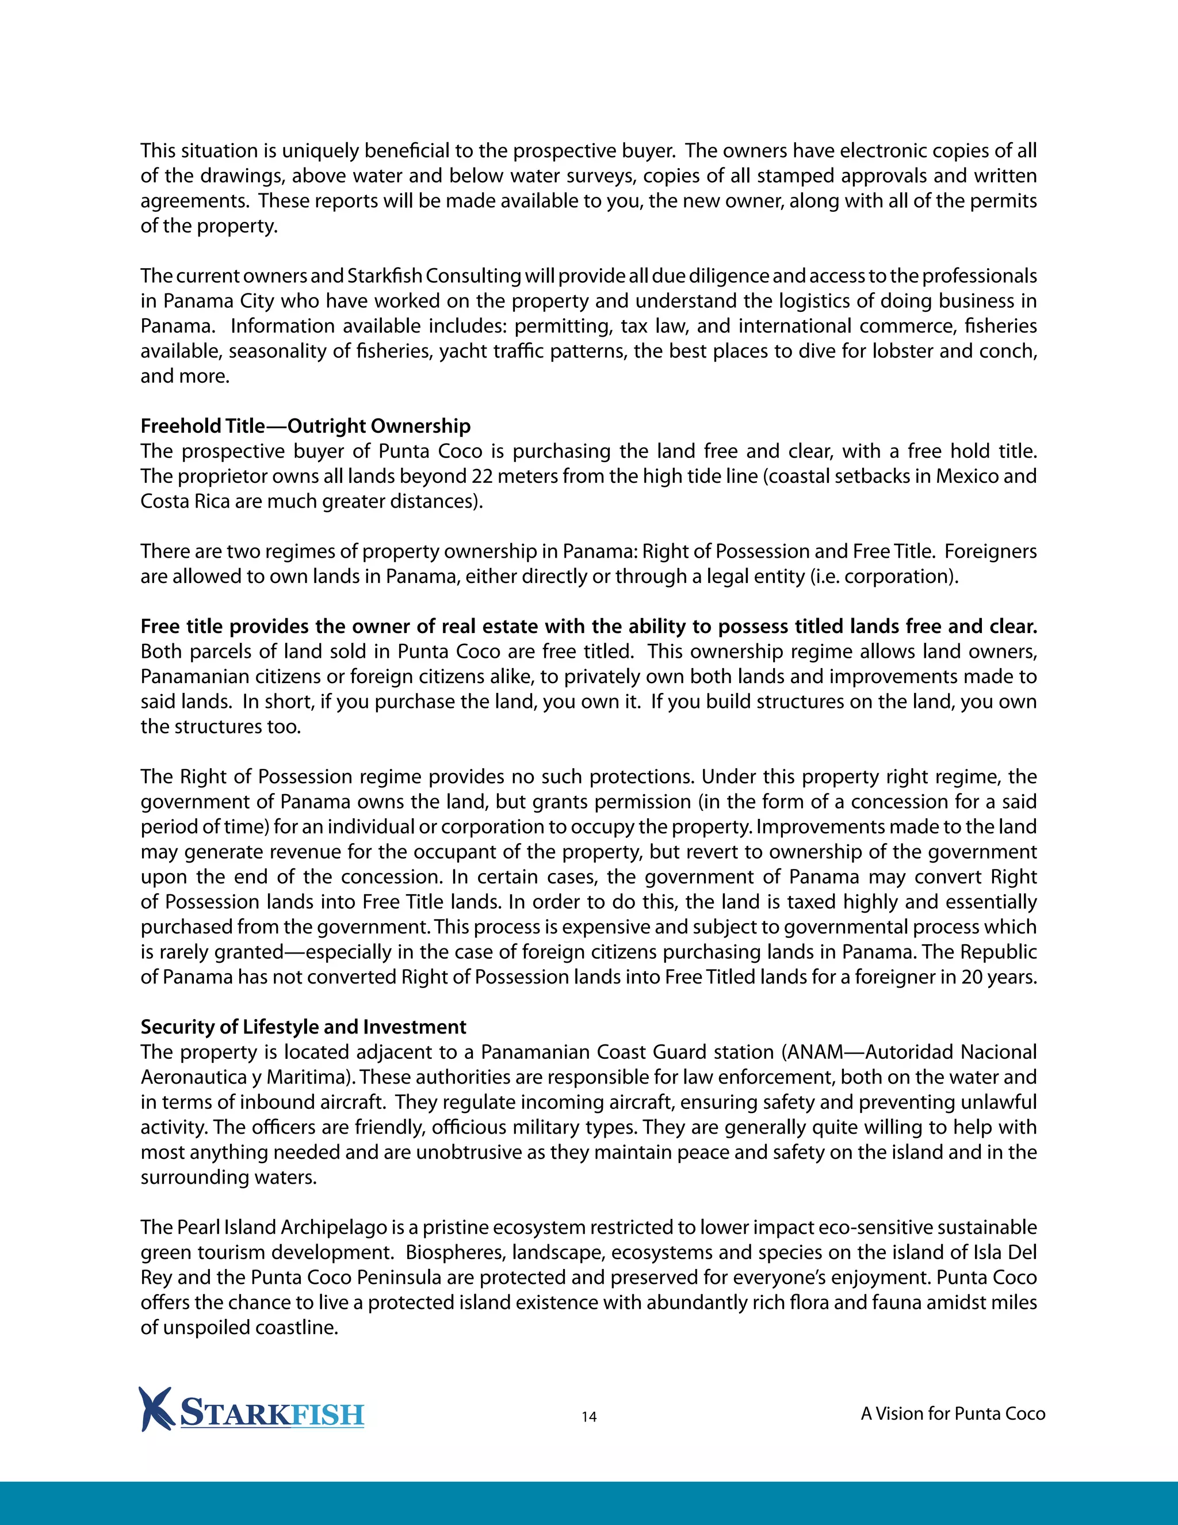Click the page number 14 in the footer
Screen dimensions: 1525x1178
(589, 1416)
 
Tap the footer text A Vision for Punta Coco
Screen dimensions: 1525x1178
(953, 1413)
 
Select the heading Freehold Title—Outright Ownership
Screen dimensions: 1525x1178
(305, 426)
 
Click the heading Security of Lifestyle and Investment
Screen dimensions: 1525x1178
(304, 1027)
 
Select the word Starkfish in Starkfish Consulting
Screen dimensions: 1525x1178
(385, 276)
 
